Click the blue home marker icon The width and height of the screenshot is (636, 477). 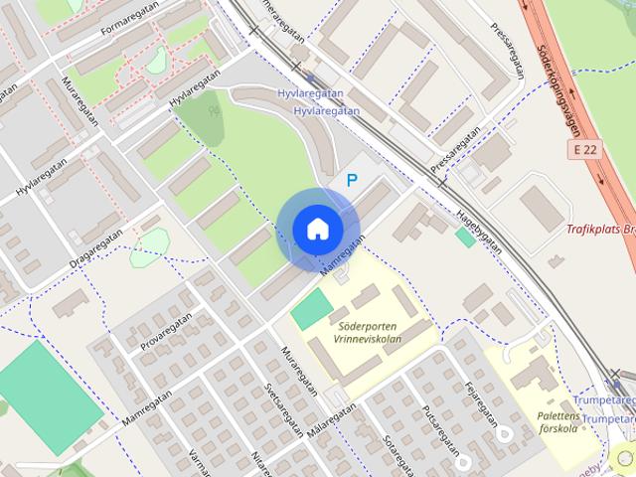point(317,229)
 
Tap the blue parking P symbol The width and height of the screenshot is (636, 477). point(350,180)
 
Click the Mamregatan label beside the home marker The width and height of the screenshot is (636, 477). point(344,254)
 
